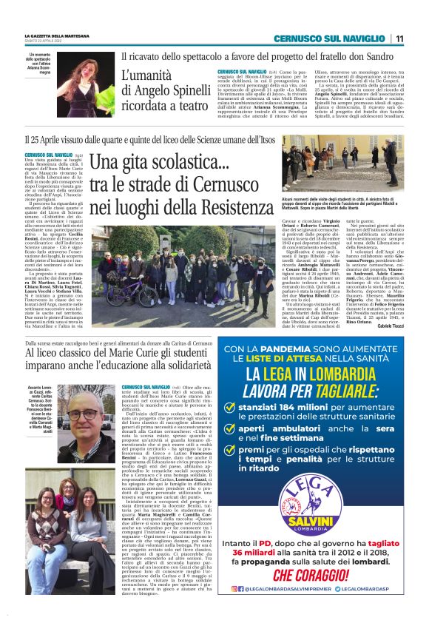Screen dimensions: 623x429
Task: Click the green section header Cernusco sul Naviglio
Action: (337, 38)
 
